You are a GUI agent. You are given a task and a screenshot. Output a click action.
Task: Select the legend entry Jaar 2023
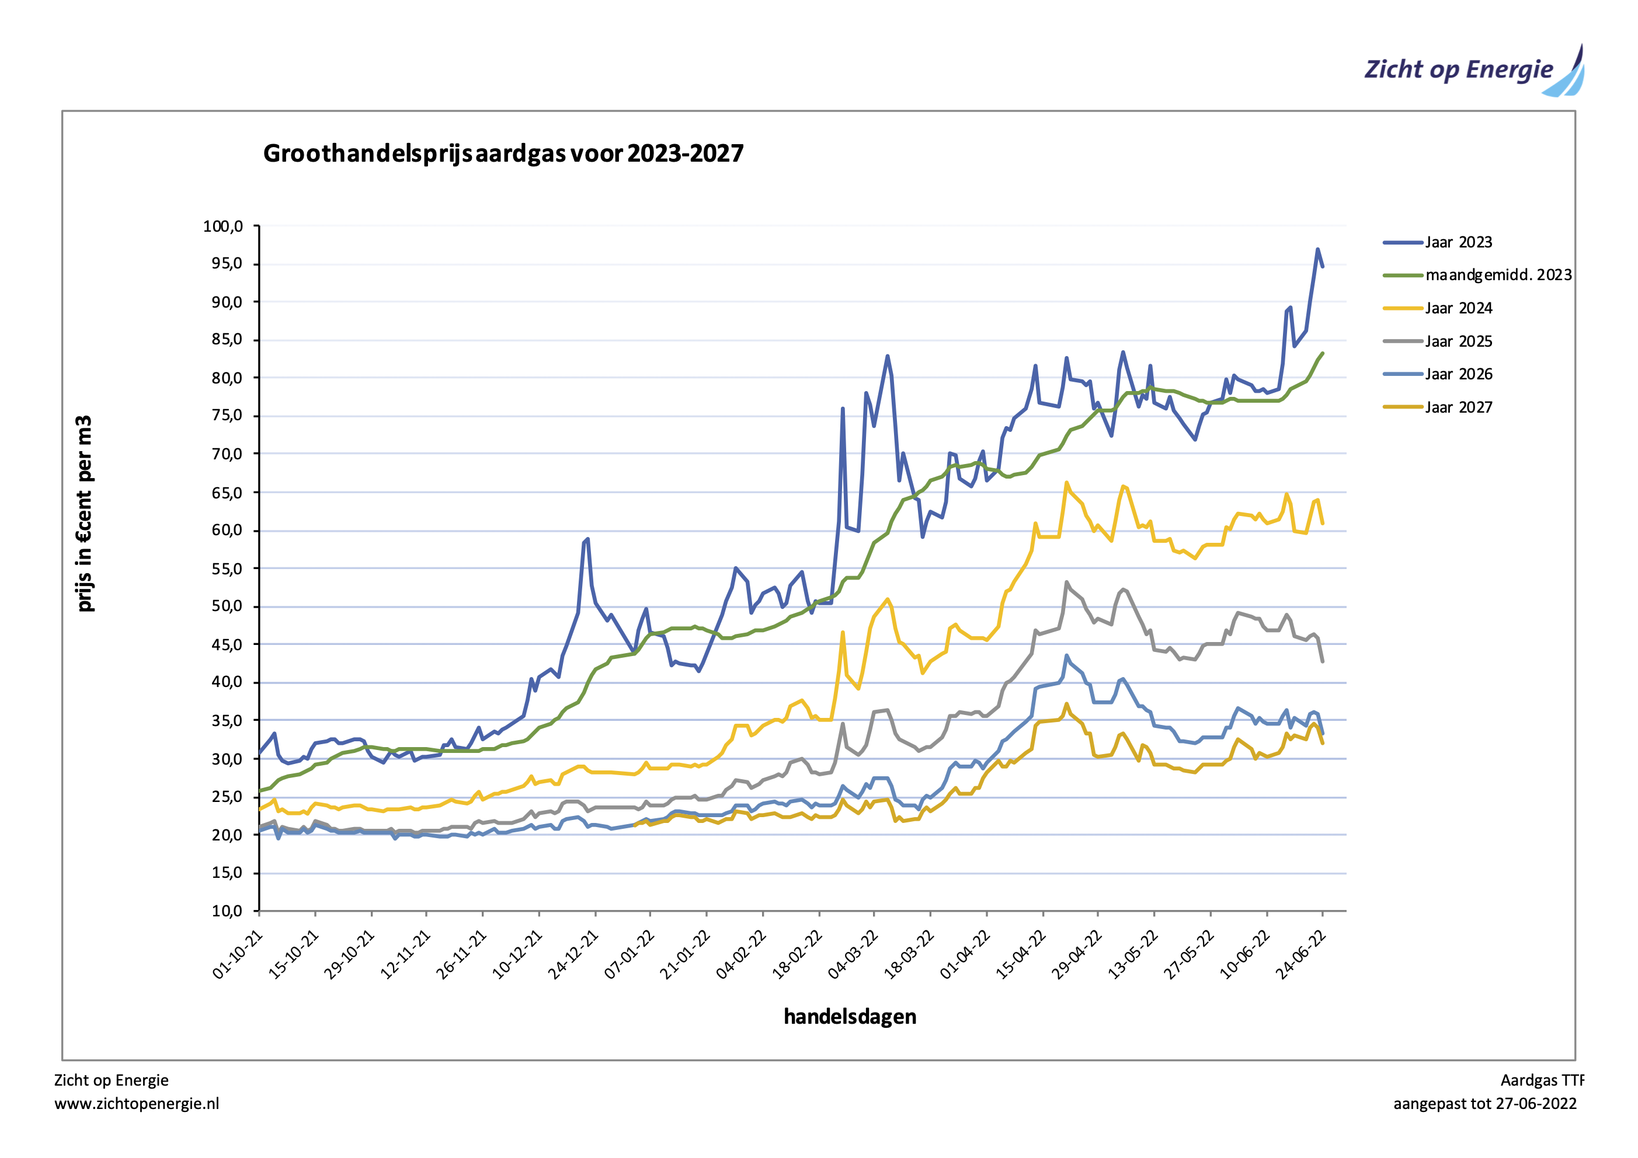[x=1458, y=242]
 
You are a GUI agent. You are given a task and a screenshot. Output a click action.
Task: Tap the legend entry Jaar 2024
[x=1458, y=308]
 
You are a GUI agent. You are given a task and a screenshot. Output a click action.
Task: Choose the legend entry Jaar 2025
[x=1458, y=341]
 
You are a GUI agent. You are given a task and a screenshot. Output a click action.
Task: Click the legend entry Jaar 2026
[x=1458, y=374]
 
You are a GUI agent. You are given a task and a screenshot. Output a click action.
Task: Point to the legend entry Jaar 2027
[x=1458, y=407]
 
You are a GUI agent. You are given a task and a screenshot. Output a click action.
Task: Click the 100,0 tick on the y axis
[x=222, y=226]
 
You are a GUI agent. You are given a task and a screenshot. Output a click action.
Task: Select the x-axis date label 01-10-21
[x=238, y=955]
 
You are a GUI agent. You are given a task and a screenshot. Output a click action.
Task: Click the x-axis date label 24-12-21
[x=573, y=955]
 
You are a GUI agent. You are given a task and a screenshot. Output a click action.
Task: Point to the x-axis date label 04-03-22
[x=853, y=955]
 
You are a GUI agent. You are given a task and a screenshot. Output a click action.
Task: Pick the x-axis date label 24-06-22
[x=1300, y=955]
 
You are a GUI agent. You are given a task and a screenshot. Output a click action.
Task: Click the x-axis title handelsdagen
[x=849, y=1016]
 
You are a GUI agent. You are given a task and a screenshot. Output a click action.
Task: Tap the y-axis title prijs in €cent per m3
[x=84, y=514]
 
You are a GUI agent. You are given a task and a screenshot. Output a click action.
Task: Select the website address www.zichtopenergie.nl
[x=136, y=1104]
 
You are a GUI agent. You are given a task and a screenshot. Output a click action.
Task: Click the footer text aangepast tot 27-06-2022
[x=1484, y=1104]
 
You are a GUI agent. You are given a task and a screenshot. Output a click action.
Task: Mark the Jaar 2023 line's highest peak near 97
[x=1317, y=250]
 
